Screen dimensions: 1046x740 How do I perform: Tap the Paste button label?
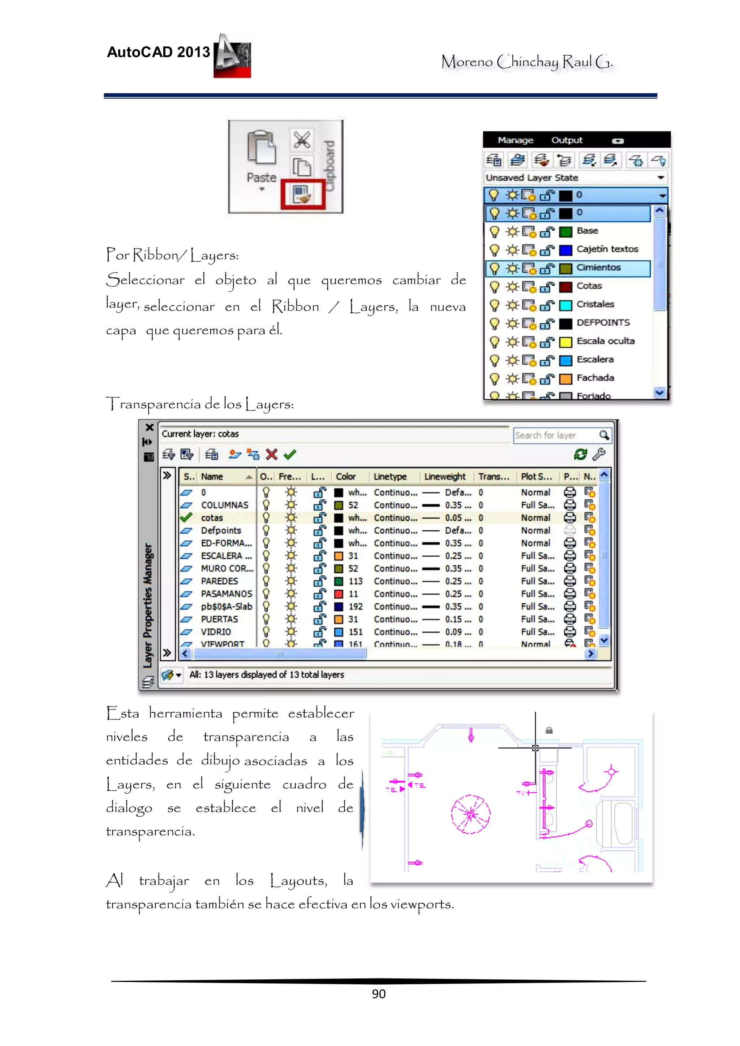click(x=261, y=177)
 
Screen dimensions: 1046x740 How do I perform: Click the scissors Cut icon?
click(x=301, y=139)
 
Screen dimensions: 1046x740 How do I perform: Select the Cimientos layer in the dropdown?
click(x=598, y=268)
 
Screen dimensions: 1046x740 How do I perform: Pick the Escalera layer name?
click(x=594, y=360)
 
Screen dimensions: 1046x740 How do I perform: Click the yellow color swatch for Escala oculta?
click(x=565, y=342)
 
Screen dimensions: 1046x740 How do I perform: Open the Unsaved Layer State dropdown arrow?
click(x=660, y=177)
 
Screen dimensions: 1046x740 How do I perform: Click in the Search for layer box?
click(x=555, y=435)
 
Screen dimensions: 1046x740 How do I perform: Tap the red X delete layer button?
click(x=272, y=454)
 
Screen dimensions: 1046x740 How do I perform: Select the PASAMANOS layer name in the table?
click(x=226, y=594)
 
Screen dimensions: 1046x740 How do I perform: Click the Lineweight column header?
click(x=444, y=477)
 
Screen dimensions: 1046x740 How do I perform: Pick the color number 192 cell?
click(x=355, y=606)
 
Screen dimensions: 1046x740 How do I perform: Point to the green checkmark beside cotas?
click(x=186, y=517)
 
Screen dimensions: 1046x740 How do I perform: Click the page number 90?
click(x=378, y=994)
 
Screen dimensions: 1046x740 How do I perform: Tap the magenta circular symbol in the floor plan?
click(x=470, y=814)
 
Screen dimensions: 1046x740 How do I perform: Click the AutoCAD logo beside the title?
click(x=233, y=56)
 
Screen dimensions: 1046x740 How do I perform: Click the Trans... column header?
click(x=493, y=477)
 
